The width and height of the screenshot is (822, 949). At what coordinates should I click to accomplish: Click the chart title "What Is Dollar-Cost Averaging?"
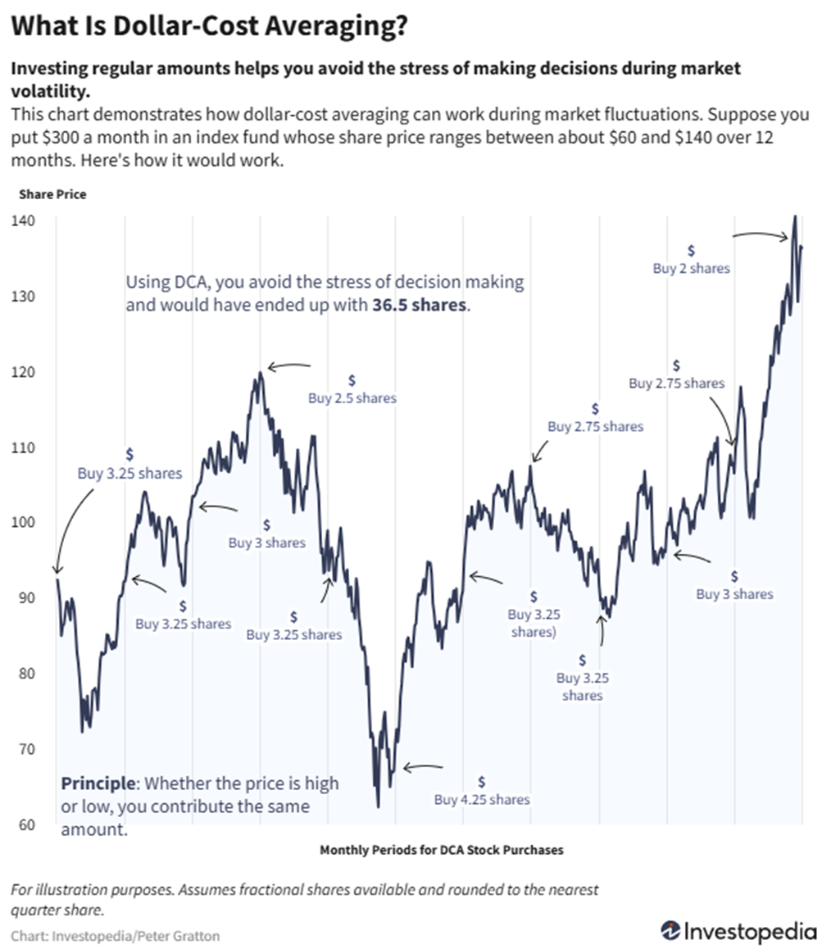209,26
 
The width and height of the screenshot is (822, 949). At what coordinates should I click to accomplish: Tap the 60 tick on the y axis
22,824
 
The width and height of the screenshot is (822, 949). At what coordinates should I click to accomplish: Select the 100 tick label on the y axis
22,522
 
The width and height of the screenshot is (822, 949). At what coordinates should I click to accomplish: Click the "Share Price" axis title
52,194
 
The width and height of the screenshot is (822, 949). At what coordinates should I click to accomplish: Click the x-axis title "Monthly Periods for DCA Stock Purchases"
441,850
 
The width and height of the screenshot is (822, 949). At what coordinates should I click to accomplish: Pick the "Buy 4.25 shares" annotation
482,799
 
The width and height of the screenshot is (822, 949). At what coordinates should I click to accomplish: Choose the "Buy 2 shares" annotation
691,267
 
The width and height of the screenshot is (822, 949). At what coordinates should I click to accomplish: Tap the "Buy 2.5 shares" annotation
352,398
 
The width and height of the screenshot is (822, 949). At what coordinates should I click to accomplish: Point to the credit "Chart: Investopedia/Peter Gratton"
116,935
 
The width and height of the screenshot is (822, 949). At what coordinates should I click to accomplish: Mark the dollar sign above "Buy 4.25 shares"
482,781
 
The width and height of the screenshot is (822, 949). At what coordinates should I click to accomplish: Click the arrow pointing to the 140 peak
760,236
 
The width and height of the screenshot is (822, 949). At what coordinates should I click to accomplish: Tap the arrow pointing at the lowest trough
420,768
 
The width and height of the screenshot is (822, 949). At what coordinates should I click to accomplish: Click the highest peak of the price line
794,217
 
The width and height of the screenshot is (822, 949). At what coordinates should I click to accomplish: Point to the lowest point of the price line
379,806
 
